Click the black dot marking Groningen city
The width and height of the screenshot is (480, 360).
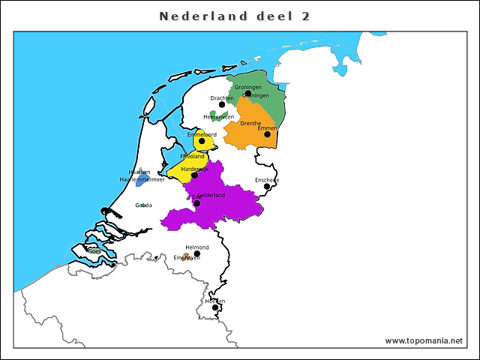(x=248, y=94)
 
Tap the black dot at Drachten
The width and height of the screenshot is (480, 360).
(x=222, y=104)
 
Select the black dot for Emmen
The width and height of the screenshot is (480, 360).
(x=267, y=134)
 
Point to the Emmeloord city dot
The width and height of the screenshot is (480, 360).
(x=202, y=141)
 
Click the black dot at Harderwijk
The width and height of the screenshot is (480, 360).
(x=194, y=175)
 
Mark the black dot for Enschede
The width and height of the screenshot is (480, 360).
(x=267, y=187)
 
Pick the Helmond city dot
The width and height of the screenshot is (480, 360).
(x=197, y=253)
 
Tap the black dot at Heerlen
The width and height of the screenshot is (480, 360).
(x=215, y=307)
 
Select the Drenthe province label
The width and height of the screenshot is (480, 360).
(x=250, y=124)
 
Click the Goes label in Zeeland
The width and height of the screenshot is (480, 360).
(x=94, y=251)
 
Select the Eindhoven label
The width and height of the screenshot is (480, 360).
(x=187, y=257)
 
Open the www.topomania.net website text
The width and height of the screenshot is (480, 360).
(x=424, y=340)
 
